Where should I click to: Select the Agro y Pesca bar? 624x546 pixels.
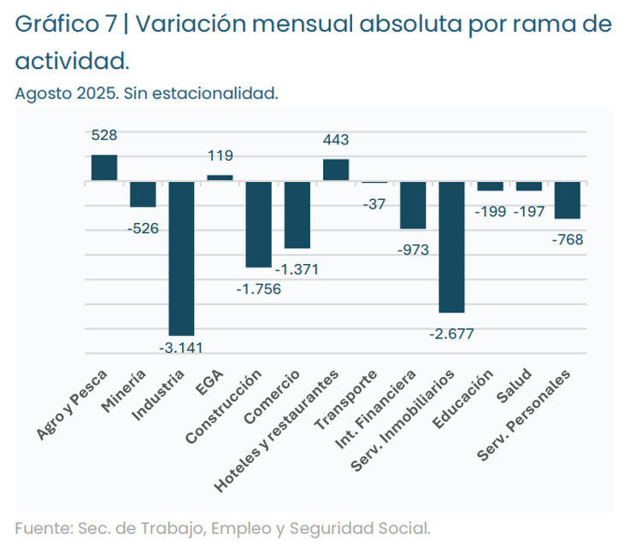point(104,168)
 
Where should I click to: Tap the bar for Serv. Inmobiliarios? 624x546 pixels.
point(451,247)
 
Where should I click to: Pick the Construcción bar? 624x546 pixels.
point(258,225)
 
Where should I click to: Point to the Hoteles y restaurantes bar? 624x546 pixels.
point(336,170)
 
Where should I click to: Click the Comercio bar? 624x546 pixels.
point(297,214)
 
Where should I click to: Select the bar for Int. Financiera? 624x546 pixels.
point(413,205)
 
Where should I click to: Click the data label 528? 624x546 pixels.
point(104,135)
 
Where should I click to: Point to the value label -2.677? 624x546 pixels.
point(451,333)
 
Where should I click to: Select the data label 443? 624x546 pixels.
point(336,139)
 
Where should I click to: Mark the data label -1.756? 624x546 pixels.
point(258,289)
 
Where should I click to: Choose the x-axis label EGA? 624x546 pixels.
point(211,382)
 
